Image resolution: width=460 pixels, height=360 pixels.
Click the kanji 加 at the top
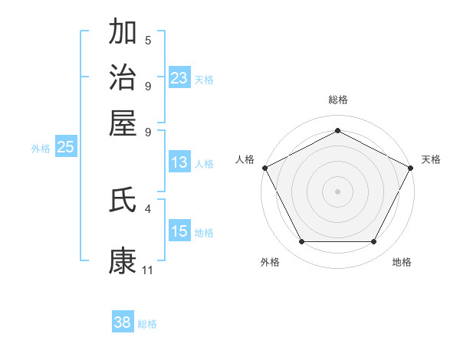(x=123, y=33)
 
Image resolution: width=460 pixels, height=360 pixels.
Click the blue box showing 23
(x=179, y=78)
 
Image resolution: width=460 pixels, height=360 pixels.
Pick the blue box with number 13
(x=179, y=162)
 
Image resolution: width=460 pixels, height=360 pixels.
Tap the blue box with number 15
(x=179, y=231)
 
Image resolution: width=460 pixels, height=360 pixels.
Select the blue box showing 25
(x=66, y=148)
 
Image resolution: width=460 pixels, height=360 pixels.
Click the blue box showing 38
(x=123, y=322)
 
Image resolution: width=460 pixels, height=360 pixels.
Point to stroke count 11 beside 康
(x=147, y=270)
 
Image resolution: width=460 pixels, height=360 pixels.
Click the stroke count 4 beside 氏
(x=148, y=208)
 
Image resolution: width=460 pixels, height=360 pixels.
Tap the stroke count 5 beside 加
(x=148, y=40)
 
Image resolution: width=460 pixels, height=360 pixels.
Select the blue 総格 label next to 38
(x=147, y=324)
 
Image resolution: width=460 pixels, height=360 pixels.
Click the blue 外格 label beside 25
(x=41, y=149)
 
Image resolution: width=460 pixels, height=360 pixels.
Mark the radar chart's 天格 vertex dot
(x=411, y=167)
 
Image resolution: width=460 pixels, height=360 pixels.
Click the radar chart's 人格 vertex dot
(x=264, y=167)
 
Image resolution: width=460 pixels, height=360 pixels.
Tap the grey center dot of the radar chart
(x=337, y=191)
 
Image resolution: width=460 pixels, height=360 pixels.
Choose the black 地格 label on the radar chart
(x=402, y=262)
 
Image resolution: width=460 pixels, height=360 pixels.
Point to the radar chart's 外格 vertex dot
(x=301, y=242)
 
